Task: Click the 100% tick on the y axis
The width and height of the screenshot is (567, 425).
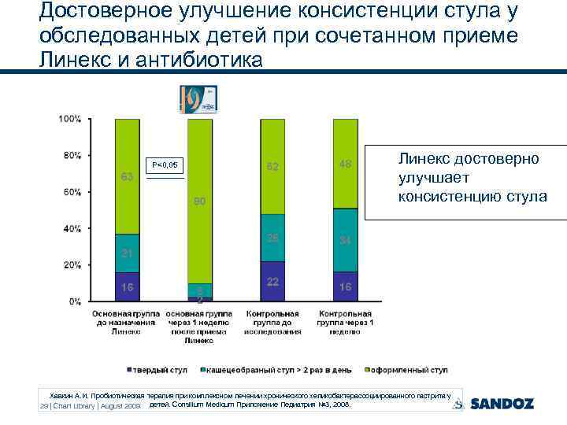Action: click(69, 119)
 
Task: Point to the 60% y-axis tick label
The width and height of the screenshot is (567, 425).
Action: click(71, 192)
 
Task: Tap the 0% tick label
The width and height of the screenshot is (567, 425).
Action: click(74, 301)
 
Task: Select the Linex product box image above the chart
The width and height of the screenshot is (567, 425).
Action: click(199, 98)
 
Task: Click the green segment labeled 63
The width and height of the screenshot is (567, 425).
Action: click(127, 176)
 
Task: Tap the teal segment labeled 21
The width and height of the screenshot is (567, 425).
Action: click(127, 253)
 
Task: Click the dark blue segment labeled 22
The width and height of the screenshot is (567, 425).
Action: click(272, 281)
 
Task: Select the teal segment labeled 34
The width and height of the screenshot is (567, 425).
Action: click(346, 240)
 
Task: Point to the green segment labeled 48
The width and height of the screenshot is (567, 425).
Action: click(346, 163)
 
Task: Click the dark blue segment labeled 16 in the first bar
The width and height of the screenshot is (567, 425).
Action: click(127, 286)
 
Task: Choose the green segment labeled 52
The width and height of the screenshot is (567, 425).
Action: click(272, 166)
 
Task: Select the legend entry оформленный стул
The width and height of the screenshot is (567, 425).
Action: click(405, 369)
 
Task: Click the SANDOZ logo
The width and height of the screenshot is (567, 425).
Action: click(502, 403)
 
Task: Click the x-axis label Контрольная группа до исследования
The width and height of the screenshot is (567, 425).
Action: click(272, 323)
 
